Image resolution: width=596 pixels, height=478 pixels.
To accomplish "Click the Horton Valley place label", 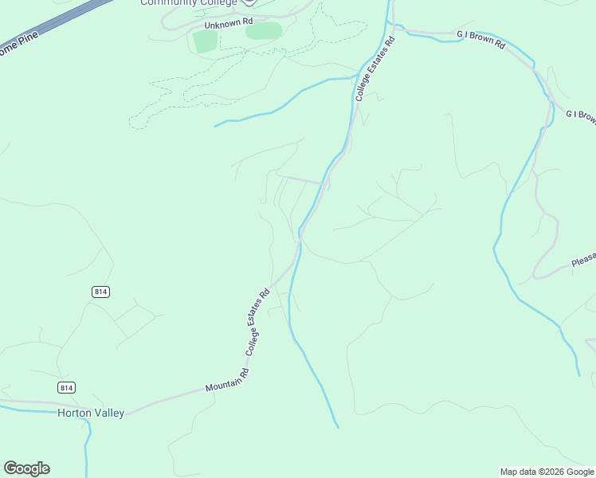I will pos(90,413).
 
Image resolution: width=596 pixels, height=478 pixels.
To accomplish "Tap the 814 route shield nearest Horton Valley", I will pos(66,387).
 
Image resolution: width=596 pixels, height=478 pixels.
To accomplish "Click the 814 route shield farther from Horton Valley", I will pos(100,292).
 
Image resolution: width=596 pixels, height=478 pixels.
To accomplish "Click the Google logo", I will pos(26,468).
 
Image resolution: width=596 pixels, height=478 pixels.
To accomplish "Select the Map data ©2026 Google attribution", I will pos(547,472).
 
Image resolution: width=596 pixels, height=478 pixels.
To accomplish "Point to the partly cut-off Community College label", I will pos(189,3).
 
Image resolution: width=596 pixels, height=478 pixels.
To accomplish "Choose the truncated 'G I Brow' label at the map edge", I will pos(581,116).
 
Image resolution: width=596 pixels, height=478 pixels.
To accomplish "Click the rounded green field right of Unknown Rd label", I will pos(264,31).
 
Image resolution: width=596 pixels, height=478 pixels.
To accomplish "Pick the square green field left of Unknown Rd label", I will pos(205,41).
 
